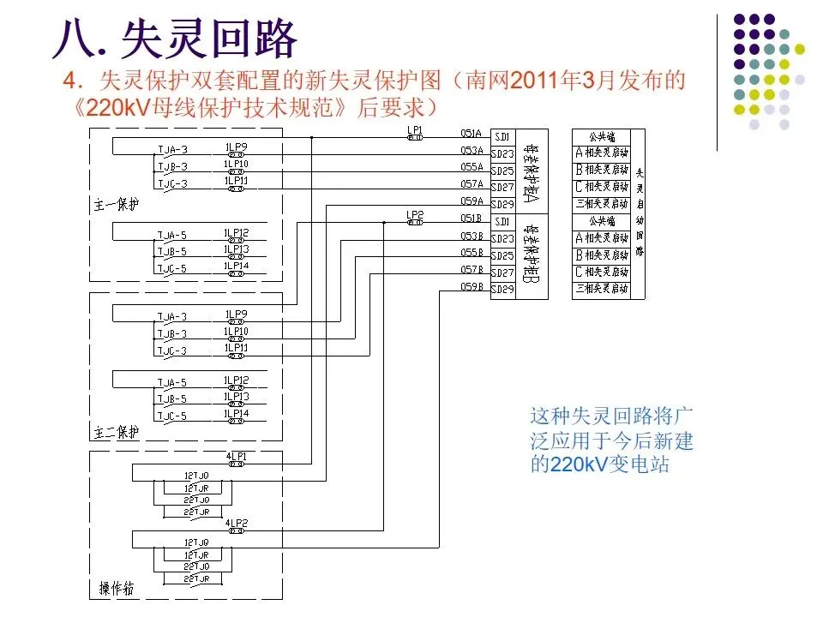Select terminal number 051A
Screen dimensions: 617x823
coord(472,134)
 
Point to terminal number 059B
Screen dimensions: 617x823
coord(472,286)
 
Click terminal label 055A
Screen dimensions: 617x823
coord(472,167)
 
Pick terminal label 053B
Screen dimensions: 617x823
coord(472,236)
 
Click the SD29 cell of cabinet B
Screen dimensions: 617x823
coord(502,290)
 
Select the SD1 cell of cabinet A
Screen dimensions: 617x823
coord(502,136)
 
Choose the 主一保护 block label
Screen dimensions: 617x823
coord(117,206)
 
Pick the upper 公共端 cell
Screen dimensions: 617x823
coord(601,136)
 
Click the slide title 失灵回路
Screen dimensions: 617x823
coord(209,39)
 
